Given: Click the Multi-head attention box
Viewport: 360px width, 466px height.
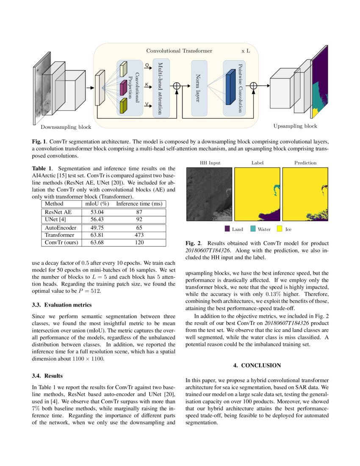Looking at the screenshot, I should [161, 88].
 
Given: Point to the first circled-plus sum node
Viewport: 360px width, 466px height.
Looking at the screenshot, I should [177, 86].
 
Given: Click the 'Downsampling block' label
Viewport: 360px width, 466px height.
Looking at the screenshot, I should [66, 127].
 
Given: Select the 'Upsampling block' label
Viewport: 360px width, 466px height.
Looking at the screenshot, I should [295, 126].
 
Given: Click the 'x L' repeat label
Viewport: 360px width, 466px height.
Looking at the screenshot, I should [246, 51].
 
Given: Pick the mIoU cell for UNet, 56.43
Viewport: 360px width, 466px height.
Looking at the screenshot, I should [94, 219].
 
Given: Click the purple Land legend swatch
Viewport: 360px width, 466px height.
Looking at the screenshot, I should [227, 229].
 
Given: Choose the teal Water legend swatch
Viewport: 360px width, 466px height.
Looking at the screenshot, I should [253, 229].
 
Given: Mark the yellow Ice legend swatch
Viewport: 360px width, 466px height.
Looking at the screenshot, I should [280, 229].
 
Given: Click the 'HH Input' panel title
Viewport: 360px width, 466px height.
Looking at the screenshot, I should [210, 163].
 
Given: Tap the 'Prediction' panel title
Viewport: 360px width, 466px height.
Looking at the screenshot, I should [305, 163].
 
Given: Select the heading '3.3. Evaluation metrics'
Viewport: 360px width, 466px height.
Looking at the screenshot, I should [62, 305].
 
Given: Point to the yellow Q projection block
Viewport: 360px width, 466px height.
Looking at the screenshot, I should [123, 69].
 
